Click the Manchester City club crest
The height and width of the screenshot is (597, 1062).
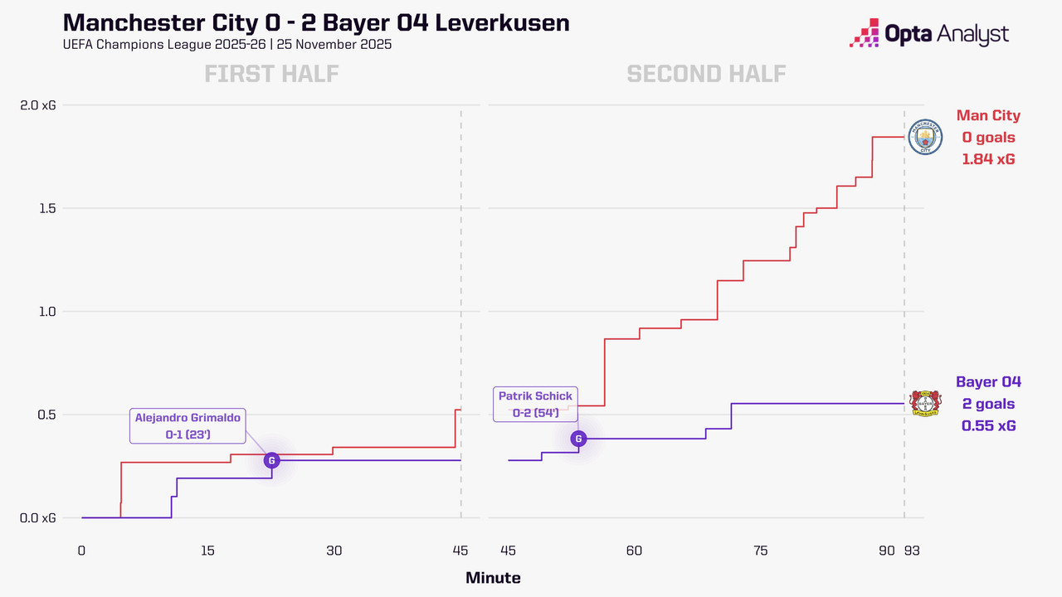pos(925,137)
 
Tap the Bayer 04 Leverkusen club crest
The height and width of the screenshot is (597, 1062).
pos(925,404)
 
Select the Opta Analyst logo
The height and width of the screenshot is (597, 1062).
pos(929,34)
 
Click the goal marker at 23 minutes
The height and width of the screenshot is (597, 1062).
pos(271,460)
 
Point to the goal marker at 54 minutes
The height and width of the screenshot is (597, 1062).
pos(578,439)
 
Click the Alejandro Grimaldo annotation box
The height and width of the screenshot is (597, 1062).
pos(188,426)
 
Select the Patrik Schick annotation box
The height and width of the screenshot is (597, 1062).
pos(535,405)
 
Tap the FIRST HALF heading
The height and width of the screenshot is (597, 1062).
pos(271,74)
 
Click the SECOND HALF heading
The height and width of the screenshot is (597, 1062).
pos(706,74)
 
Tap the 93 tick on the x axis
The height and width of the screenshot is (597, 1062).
pos(911,551)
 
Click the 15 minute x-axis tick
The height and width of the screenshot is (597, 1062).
pos(207,551)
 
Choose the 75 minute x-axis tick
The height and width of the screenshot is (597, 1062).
pos(761,551)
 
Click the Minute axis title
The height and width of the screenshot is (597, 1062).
pos(493,578)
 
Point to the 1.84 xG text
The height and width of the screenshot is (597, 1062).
pos(988,158)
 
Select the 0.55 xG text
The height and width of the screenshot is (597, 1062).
pos(988,425)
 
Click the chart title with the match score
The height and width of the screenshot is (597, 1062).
pos(316,22)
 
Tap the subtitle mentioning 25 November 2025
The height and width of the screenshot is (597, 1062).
pos(227,44)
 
